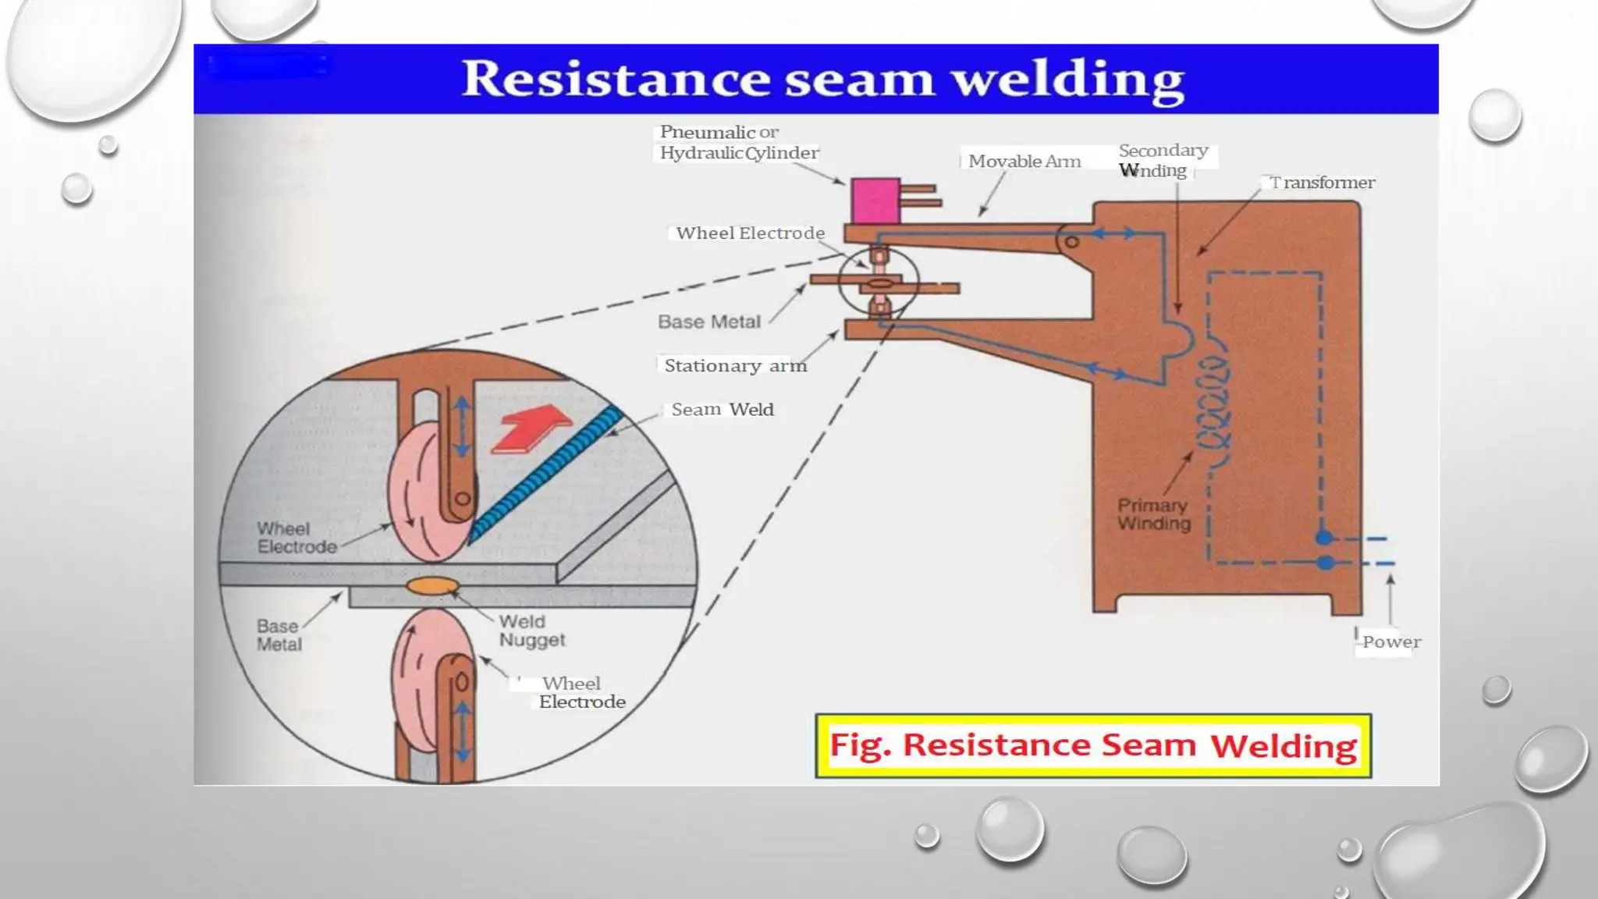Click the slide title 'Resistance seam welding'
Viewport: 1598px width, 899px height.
click(x=822, y=79)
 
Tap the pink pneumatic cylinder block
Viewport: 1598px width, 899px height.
click(x=875, y=201)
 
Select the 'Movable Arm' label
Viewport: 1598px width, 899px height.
click(x=1024, y=162)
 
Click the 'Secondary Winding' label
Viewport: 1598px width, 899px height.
click(x=1162, y=160)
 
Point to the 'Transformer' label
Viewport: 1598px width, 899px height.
click(x=1323, y=183)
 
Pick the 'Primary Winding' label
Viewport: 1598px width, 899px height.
click(x=1154, y=514)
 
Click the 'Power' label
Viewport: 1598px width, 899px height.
click(x=1391, y=642)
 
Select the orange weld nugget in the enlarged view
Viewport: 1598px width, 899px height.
click(x=432, y=585)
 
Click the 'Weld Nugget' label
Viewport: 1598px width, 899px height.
click(x=531, y=631)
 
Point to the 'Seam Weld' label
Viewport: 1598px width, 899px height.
click(x=722, y=410)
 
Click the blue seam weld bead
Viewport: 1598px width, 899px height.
click(x=546, y=473)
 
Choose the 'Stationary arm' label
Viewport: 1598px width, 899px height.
click(x=734, y=365)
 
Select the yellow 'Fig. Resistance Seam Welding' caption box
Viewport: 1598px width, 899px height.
click(x=1092, y=745)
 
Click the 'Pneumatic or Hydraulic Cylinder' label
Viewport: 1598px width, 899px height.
click(x=738, y=142)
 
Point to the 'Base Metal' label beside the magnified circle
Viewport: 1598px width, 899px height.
click(x=279, y=635)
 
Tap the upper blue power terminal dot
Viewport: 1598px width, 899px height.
click(x=1324, y=538)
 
